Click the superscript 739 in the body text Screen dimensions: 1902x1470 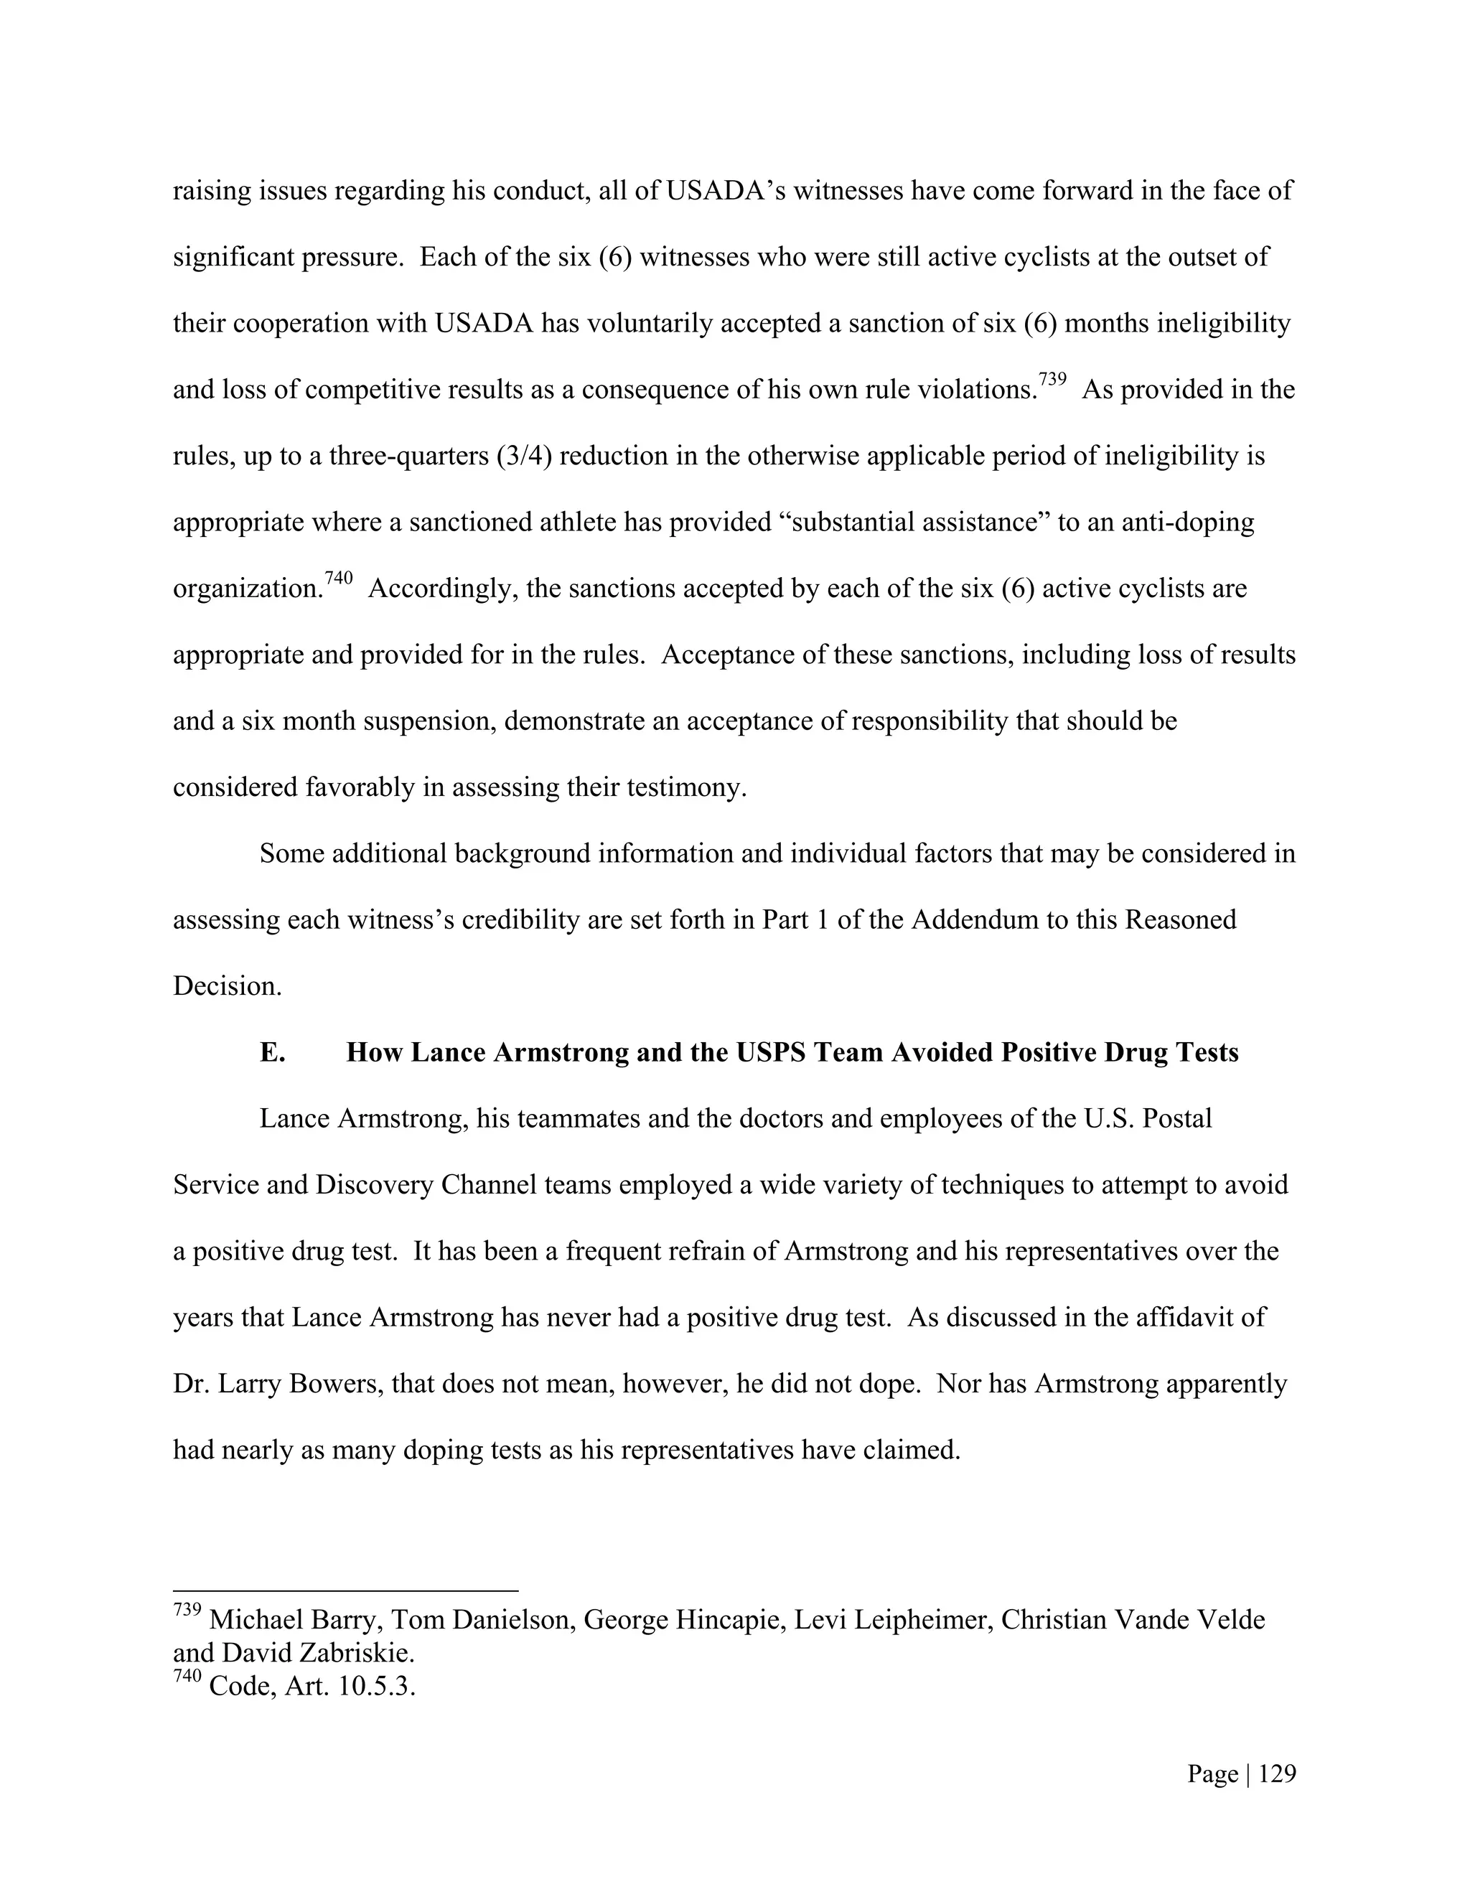1052,380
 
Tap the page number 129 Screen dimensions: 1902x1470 1278,1774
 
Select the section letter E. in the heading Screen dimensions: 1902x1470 273,1053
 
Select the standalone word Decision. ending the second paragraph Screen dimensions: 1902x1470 228,987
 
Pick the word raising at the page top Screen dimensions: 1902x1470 212,191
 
